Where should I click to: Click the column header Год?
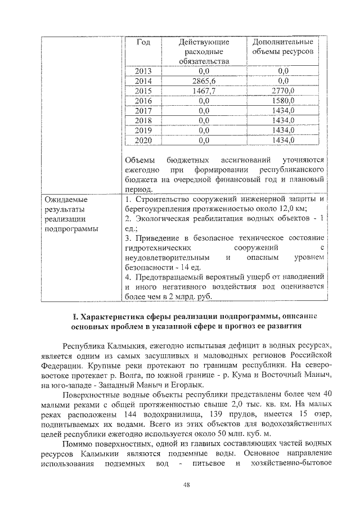(x=144, y=43)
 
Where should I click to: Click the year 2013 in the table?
(x=144, y=71)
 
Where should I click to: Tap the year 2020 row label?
(x=144, y=139)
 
